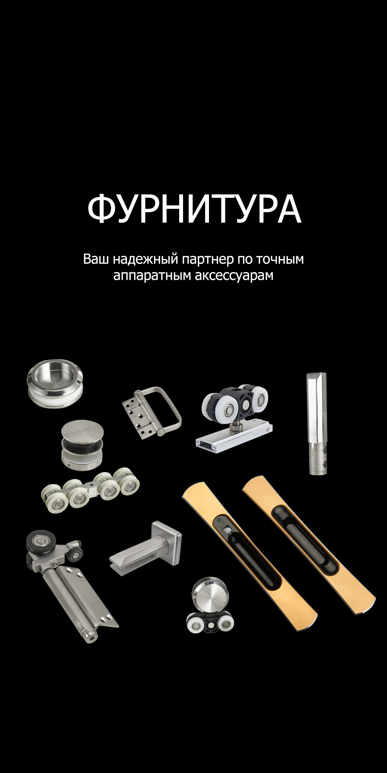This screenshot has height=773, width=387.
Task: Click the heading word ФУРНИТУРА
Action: tap(194, 209)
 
